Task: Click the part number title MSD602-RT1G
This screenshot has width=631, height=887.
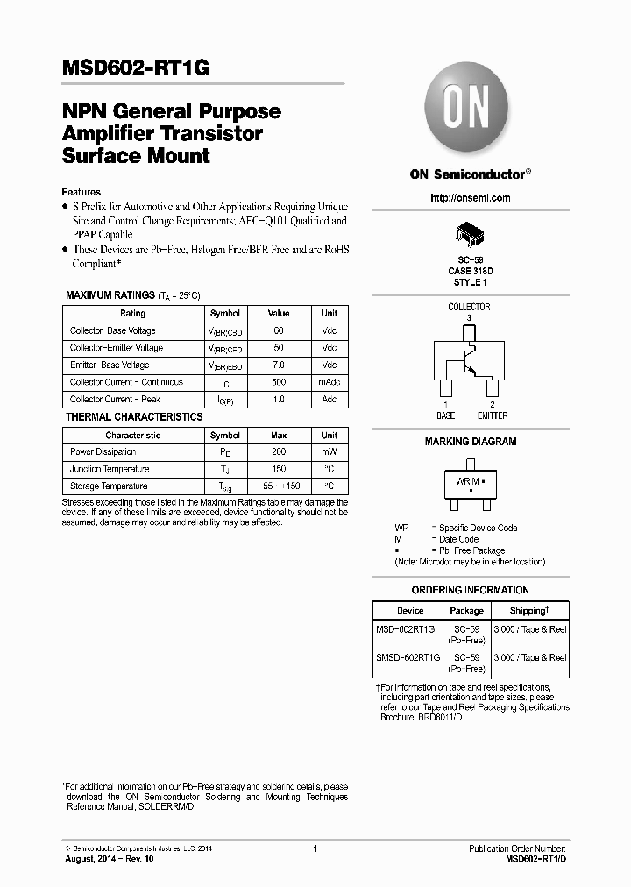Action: (136, 69)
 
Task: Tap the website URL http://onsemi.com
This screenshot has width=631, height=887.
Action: (471, 198)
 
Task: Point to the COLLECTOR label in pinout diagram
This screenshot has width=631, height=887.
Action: (469, 307)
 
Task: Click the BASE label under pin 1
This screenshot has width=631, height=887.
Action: (446, 415)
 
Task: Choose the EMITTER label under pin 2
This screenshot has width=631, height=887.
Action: (493, 415)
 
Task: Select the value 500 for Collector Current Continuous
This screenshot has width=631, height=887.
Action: (279, 382)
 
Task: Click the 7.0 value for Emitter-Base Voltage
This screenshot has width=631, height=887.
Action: (279, 365)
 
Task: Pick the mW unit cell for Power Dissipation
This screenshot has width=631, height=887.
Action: (329, 452)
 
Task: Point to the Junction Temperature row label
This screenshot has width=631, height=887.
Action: (109, 469)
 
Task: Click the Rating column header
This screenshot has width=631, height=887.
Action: (133, 314)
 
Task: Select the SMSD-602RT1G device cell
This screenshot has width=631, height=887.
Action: (409, 657)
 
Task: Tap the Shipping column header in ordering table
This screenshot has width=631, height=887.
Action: (529, 611)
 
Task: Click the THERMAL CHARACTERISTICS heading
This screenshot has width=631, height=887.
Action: (134, 417)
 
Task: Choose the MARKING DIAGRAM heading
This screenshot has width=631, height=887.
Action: (471, 442)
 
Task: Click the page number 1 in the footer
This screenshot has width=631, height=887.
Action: (315, 849)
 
